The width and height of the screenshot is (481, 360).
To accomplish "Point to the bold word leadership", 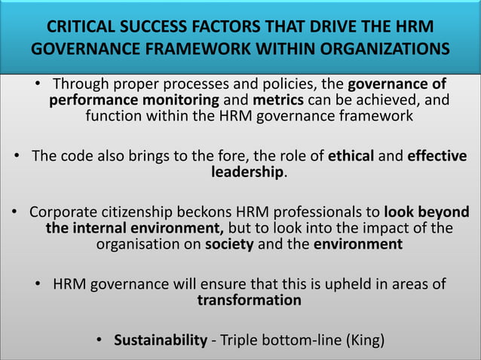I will tap(247, 172).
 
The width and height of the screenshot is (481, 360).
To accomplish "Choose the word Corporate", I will tap(67, 211).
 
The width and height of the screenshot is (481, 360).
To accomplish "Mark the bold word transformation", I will tap(248, 300).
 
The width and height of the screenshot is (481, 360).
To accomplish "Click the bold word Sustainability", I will tap(160, 340).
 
